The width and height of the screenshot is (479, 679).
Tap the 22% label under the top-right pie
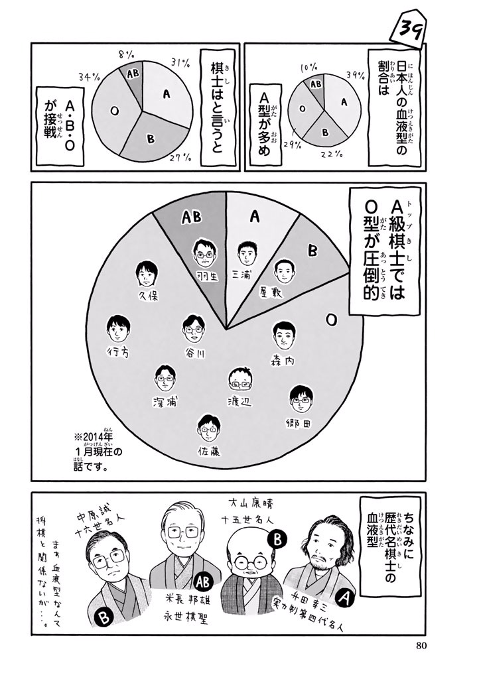(332, 154)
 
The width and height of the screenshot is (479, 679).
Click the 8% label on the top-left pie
(126, 54)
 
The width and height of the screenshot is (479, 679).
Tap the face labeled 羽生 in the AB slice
(204, 253)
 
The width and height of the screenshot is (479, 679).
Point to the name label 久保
(148, 296)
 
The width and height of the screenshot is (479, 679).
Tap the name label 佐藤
(209, 451)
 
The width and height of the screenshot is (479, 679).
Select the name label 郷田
(299, 422)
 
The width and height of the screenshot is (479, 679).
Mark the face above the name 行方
(119, 329)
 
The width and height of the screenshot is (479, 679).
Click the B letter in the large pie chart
(312, 251)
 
